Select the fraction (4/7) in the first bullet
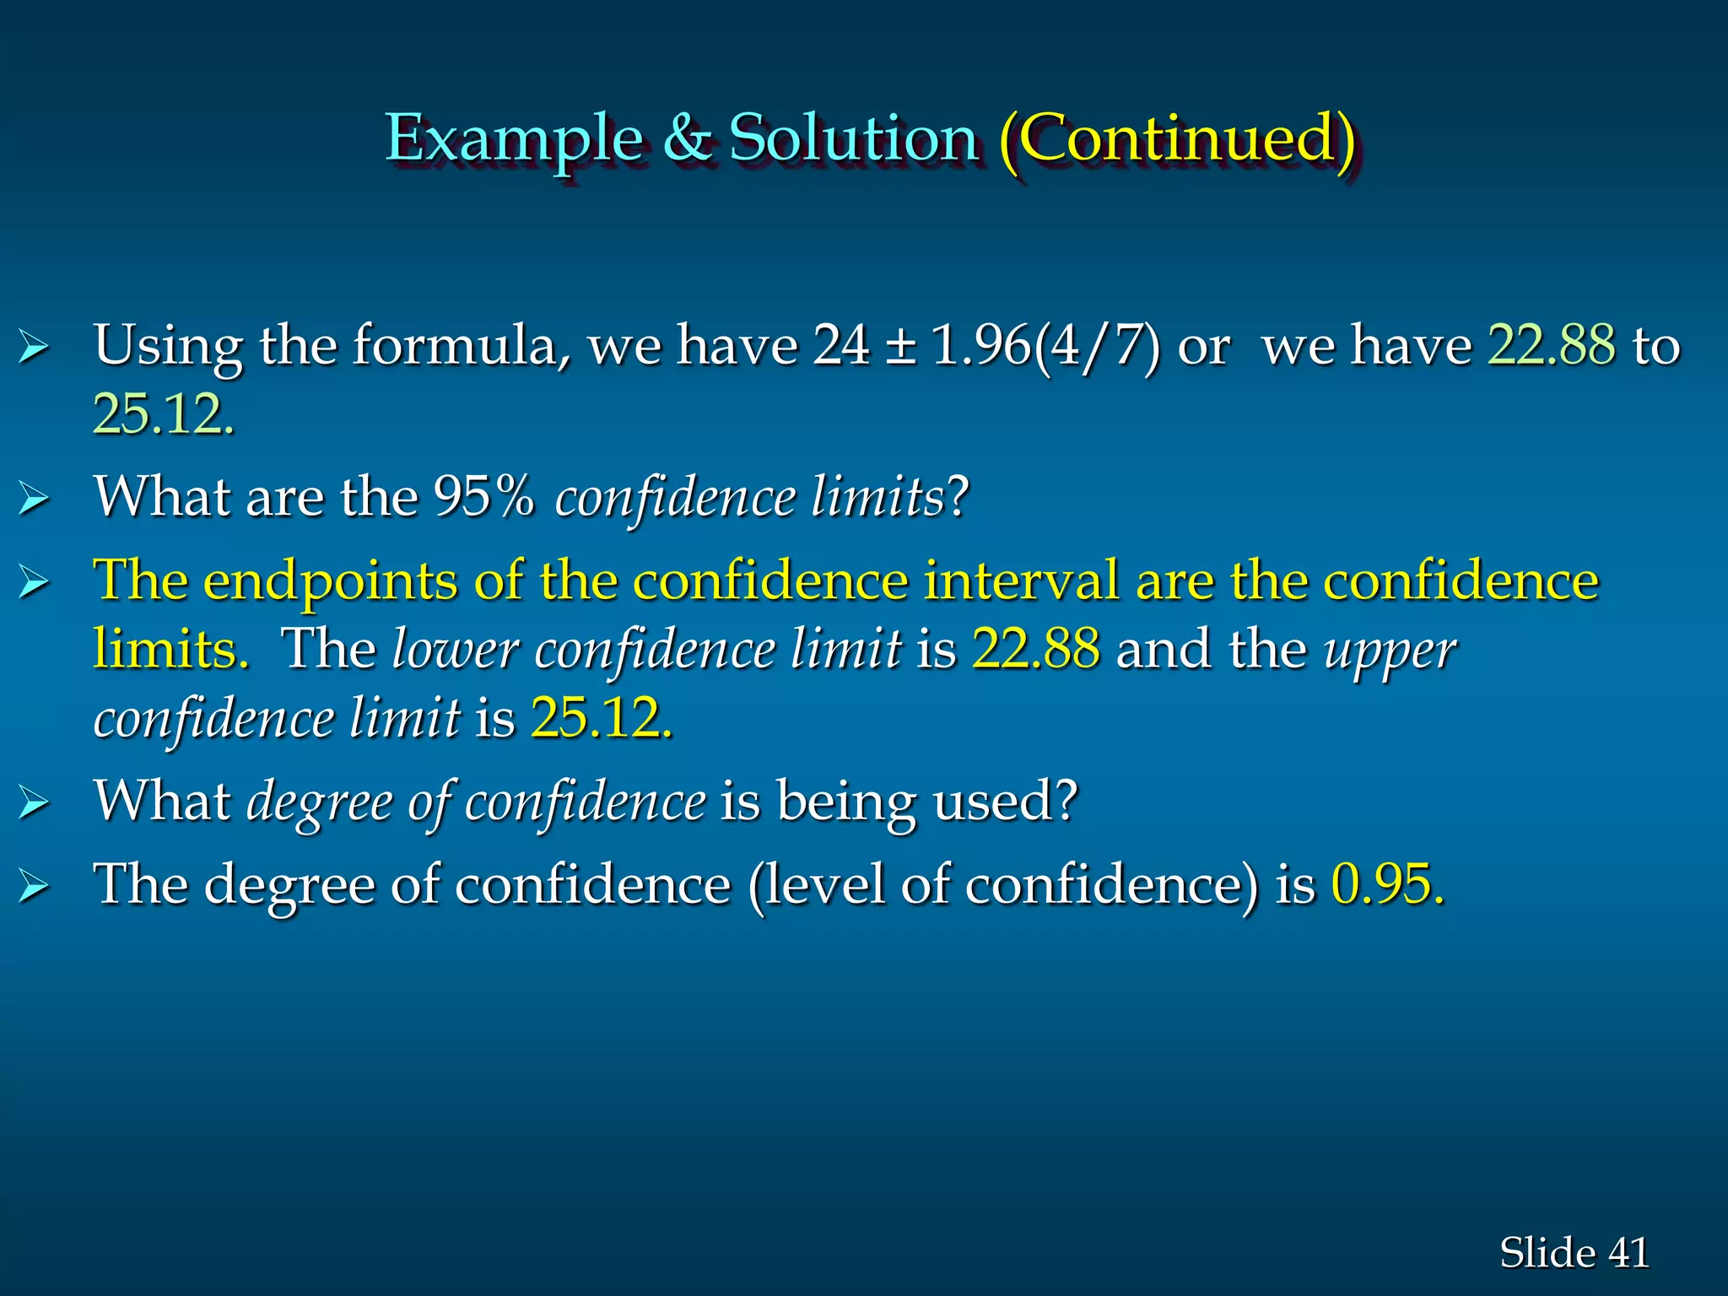1096,345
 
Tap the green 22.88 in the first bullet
1552,345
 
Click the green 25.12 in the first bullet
163,414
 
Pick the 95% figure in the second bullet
483,496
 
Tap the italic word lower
455,650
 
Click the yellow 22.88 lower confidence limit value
1035,649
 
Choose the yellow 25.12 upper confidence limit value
601,718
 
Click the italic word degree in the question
319,802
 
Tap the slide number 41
1628,1252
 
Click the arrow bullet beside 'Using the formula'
34,347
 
